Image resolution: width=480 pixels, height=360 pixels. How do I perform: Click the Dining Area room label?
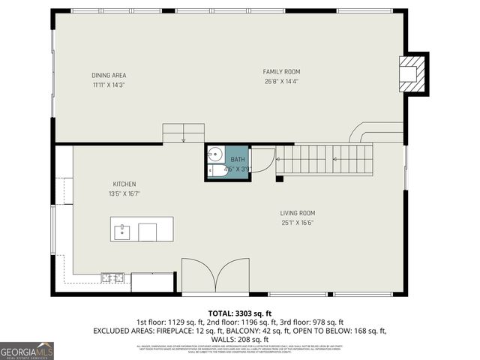[x=109, y=75]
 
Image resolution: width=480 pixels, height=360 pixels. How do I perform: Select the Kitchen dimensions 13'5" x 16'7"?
[x=124, y=193]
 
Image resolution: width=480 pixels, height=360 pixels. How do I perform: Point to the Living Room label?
[x=298, y=212]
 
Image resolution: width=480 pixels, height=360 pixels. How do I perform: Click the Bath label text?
[x=237, y=160]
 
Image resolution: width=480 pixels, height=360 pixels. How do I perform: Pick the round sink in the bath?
[x=214, y=155]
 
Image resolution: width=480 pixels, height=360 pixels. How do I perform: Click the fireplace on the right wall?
[x=412, y=73]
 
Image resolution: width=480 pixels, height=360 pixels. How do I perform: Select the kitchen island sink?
[x=122, y=231]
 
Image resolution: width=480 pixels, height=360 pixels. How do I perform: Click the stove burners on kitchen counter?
[x=113, y=278]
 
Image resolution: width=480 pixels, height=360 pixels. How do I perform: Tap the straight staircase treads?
[x=326, y=159]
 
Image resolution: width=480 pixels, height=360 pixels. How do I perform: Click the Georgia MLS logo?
[x=27, y=350]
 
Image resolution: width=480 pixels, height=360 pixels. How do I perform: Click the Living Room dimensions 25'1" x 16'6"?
[x=298, y=222]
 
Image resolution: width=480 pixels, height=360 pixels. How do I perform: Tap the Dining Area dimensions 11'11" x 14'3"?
[x=109, y=85]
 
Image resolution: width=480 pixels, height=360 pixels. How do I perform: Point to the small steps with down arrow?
[x=184, y=132]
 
